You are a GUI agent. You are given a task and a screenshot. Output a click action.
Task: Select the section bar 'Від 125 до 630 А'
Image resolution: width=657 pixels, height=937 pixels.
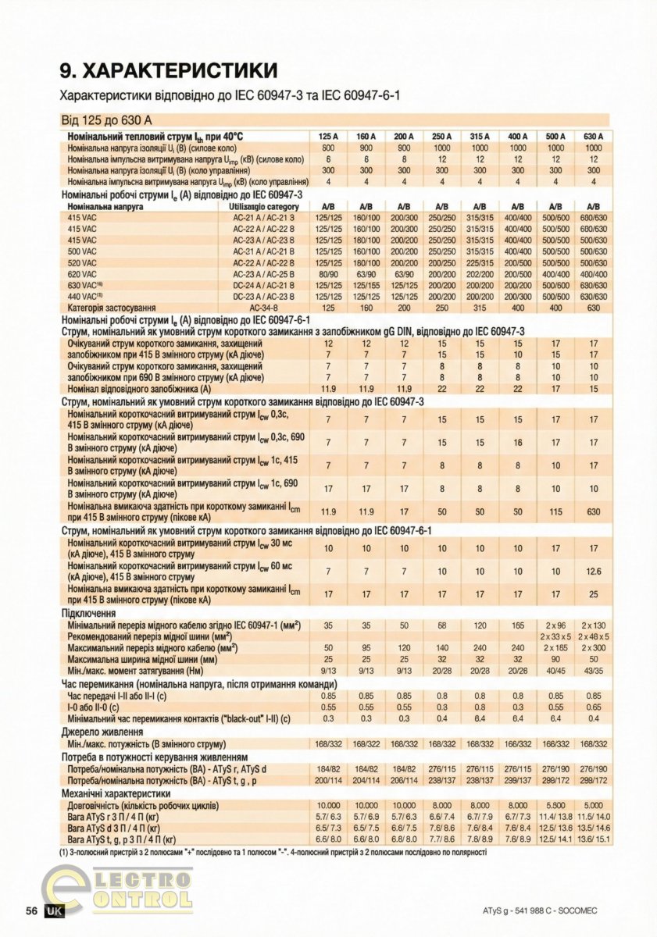(x=105, y=120)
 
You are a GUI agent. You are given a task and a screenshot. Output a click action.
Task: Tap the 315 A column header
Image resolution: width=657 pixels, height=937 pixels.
(x=480, y=137)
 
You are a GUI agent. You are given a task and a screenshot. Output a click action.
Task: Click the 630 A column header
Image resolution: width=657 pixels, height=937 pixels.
(x=594, y=137)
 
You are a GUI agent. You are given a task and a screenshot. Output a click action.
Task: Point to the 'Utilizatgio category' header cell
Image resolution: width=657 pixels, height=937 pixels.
(x=259, y=207)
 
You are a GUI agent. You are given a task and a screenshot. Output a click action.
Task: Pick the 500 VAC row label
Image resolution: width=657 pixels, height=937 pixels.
(x=82, y=252)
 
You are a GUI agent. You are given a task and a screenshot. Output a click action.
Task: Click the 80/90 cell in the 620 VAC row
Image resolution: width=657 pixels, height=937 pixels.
(x=328, y=275)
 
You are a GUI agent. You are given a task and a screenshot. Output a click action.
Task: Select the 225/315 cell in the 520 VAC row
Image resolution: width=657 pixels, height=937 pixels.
(x=480, y=263)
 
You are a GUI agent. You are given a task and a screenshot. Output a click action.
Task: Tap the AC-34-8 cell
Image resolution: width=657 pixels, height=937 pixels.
(x=259, y=308)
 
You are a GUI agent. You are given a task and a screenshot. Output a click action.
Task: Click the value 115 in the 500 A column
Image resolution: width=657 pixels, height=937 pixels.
(x=555, y=512)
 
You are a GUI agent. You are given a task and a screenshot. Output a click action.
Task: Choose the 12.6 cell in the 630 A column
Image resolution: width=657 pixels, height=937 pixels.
(x=594, y=572)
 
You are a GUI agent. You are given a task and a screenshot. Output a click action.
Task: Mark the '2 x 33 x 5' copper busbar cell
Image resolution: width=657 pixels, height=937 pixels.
(x=555, y=636)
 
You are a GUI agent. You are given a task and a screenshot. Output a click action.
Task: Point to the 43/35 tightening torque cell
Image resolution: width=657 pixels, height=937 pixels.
(x=594, y=670)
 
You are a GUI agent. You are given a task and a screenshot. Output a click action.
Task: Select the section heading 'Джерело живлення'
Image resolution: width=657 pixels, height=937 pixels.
(x=102, y=732)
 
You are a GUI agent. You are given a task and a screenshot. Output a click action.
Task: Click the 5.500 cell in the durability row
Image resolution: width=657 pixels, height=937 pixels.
(x=555, y=805)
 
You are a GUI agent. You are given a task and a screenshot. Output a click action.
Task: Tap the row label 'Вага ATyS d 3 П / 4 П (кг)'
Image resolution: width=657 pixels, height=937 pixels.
(x=114, y=828)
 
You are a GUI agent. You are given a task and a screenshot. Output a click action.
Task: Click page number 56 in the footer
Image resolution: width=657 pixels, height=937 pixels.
(x=32, y=911)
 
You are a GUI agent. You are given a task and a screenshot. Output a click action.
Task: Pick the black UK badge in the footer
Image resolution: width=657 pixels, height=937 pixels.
(x=55, y=911)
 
